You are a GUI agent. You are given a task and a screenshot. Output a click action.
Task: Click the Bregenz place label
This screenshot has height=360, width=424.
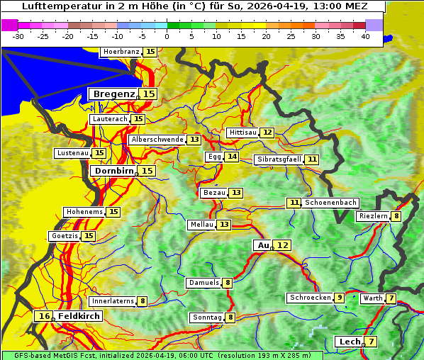pyautogui.click(x=112, y=94)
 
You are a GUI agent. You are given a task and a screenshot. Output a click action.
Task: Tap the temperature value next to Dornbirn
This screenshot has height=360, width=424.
pyautogui.click(x=147, y=171)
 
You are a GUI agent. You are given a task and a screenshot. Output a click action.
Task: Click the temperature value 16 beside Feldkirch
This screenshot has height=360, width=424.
pyautogui.click(x=44, y=316)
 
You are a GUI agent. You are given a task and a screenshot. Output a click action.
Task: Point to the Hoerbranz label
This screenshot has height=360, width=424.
pyautogui.click(x=121, y=52)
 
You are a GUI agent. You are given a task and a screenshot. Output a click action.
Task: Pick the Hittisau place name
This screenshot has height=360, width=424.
pyautogui.click(x=242, y=133)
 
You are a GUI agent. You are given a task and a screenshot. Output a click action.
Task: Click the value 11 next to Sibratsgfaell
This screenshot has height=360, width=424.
pyautogui.click(x=312, y=159)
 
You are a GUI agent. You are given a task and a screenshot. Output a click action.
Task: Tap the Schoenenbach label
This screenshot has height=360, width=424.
pyautogui.click(x=330, y=203)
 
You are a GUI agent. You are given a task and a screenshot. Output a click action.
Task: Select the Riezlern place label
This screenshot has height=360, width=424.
pyautogui.click(x=372, y=216)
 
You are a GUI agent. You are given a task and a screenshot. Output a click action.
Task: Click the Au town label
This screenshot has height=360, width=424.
pyautogui.click(x=263, y=245)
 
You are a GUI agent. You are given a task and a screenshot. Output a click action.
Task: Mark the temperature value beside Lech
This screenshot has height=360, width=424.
pyautogui.click(x=370, y=342)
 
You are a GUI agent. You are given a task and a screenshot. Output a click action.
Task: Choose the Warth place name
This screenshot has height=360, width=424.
pyautogui.click(x=372, y=298)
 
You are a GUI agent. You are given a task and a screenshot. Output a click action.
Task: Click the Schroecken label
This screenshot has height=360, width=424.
pyautogui.click(x=310, y=298)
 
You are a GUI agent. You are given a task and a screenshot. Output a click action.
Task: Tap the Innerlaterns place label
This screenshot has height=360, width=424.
pyautogui.click(x=113, y=301)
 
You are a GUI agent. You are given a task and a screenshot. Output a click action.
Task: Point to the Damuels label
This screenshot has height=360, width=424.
pyautogui.click(x=203, y=283)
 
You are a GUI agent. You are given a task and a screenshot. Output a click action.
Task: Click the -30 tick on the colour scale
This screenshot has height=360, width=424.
pyautogui.click(x=18, y=35)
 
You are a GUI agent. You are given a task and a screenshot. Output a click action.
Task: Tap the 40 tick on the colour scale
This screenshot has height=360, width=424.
pyautogui.click(x=365, y=35)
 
